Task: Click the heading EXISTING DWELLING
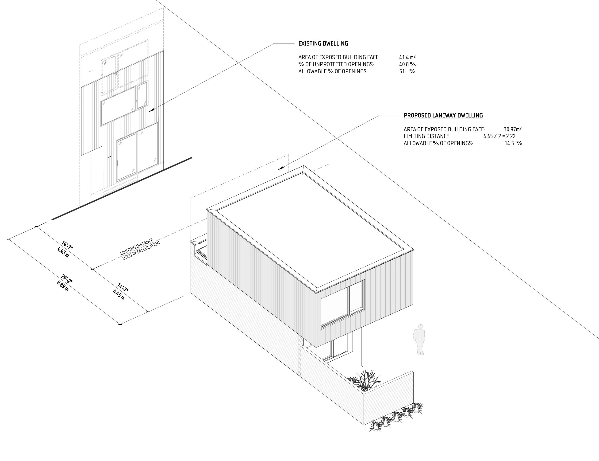323,43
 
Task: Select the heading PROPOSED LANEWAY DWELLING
443,115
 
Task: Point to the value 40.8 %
407,64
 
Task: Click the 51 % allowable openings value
407,71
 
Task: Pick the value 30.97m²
512,129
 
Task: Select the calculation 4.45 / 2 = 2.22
499,136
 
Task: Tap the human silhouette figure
419,340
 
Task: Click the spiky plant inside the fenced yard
365,380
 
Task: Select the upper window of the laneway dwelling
343,304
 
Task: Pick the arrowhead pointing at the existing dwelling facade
152,110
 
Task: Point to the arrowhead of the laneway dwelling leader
281,168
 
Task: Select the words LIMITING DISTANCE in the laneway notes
426,136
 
